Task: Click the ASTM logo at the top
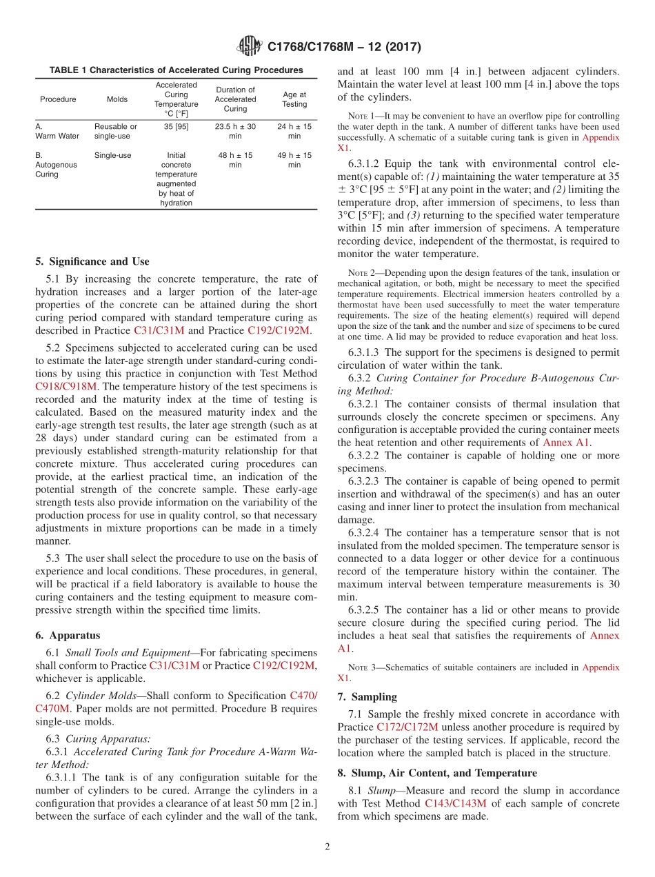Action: (x=249, y=47)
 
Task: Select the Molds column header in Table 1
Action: (x=117, y=99)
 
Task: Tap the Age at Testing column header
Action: (x=294, y=99)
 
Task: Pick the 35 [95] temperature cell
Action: (x=176, y=127)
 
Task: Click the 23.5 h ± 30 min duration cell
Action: (x=235, y=132)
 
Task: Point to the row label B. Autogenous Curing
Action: (x=48, y=165)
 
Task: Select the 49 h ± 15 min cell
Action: (x=294, y=160)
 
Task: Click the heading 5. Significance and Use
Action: (x=92, y=261)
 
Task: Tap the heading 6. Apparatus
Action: (x=68, y=635)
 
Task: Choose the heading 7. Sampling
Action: (x=367, y=697)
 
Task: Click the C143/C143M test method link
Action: (x=456, y=803)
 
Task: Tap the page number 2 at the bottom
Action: (x=327, y=847)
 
